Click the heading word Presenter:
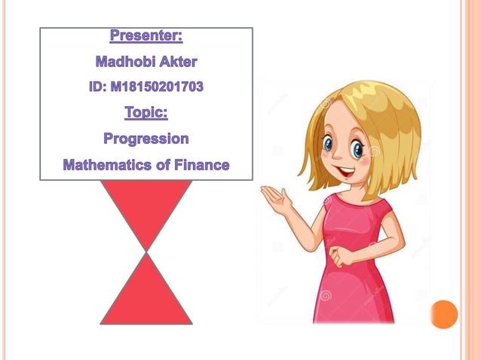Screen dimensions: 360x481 (146, 35)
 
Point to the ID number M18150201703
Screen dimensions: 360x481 (156, 87)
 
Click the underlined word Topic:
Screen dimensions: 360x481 (146, 113)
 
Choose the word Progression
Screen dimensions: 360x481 (146, 139)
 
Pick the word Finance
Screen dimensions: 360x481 (201, 164)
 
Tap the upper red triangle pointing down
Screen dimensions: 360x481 (146, 211)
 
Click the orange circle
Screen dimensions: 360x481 (444, 314)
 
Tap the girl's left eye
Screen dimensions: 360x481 (329, 143)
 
